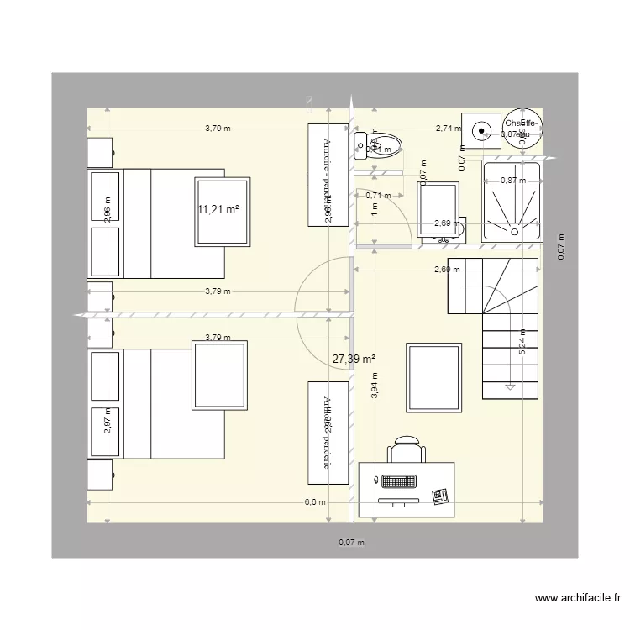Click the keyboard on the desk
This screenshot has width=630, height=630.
coord(400,482)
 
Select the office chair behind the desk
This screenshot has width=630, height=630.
coord(406,449)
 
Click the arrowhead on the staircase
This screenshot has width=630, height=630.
coord(509,387)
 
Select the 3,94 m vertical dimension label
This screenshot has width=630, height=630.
coord(375,385)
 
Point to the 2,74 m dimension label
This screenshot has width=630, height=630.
coord(448,129)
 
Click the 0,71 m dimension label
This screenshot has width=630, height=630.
coord(378,196)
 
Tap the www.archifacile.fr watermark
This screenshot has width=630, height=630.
coord(578,599)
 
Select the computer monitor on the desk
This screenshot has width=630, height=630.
coord(399,501)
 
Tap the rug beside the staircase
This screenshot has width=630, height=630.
coord(433,377)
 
